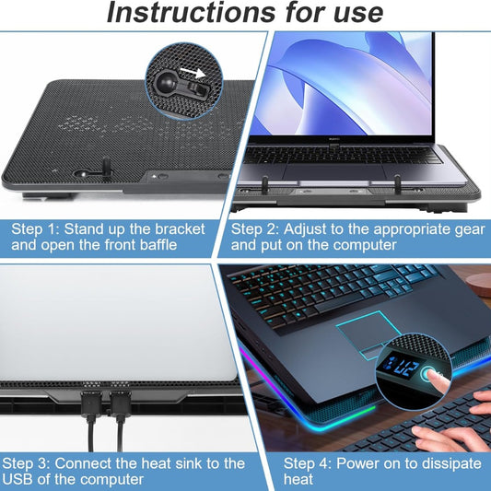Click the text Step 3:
(33, 462)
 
